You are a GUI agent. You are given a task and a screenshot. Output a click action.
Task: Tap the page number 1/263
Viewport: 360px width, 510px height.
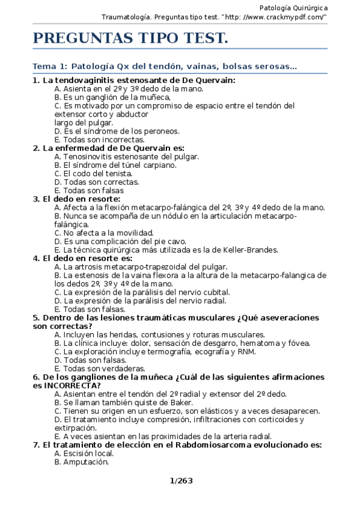coord(180,481)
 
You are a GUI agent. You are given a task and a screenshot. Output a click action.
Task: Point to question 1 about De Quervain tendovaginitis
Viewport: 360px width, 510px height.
coord(134,80)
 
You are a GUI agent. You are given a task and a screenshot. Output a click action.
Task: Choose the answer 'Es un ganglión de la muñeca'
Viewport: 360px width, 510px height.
coord(112,97)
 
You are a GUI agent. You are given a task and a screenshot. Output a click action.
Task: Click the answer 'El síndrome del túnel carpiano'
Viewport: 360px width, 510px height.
coord(115,165)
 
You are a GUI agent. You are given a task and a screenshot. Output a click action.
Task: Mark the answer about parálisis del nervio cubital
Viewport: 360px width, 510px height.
coord(142,292)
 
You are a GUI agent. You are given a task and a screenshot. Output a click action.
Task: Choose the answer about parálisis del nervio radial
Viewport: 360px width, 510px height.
coord(140,301)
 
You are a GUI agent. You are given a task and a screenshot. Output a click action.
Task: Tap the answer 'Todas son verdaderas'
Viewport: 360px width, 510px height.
coord(99,369)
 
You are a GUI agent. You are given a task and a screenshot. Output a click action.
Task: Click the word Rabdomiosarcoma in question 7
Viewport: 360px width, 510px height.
coord(201,445)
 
